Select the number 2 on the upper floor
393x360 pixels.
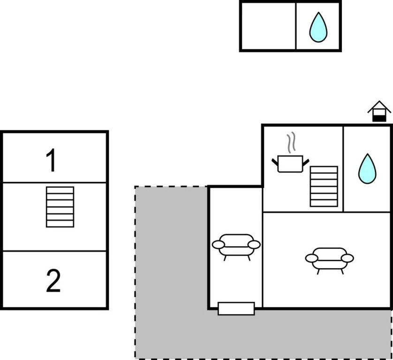(53, 281)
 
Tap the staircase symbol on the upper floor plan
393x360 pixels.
(60, 207)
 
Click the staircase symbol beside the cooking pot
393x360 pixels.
(324, 186)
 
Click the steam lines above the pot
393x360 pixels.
(291, 143)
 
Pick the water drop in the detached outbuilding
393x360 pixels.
(318, 27)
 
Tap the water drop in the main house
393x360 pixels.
(367, 169)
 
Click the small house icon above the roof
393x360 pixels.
(379, 112)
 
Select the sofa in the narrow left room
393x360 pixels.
(236, 245)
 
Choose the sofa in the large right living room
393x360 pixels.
(329, 258)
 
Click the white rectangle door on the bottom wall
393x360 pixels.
(236, 308)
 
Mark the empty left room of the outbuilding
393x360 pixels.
(268, 26)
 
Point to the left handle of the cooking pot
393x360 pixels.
(275, 162)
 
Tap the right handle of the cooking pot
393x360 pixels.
(306, 162)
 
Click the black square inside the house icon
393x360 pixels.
(379, 117)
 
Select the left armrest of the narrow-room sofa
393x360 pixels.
(218, 245)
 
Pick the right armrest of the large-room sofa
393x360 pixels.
(348, 258)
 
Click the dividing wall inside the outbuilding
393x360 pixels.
(296, 26)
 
